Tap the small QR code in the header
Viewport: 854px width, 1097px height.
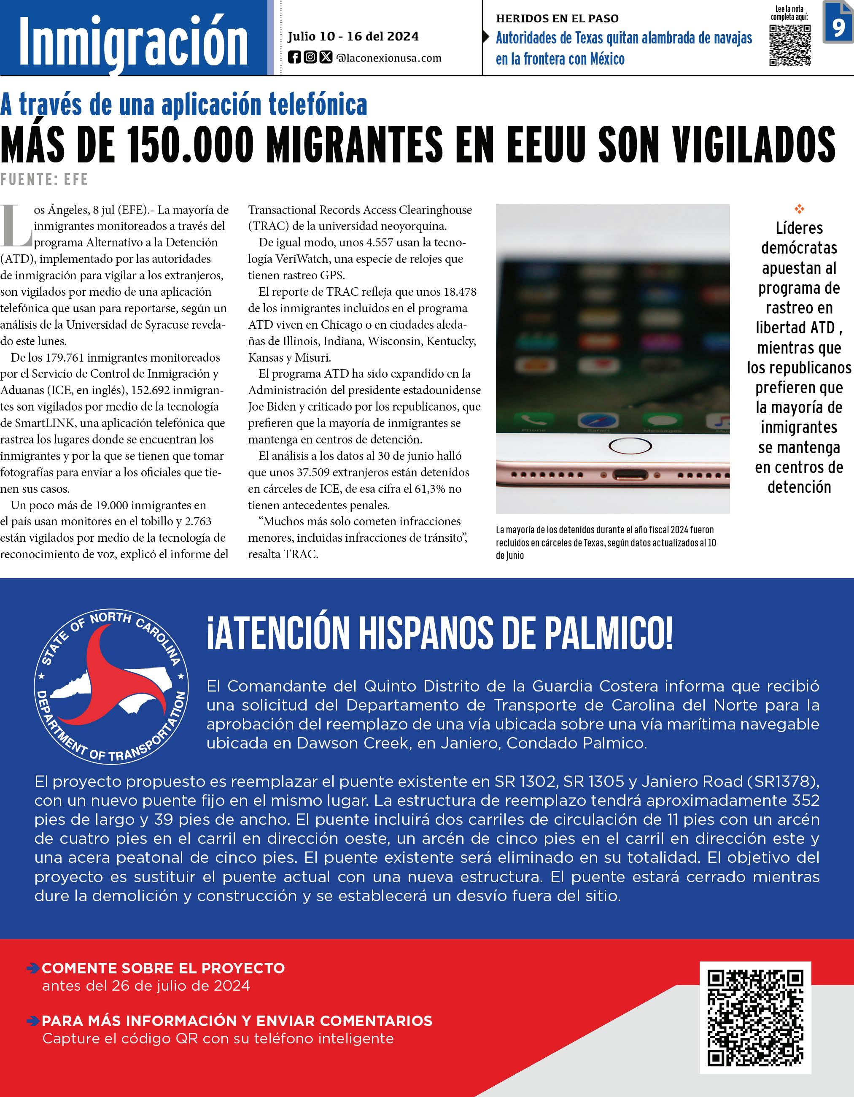(790, 45)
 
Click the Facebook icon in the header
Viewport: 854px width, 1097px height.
(294, 58)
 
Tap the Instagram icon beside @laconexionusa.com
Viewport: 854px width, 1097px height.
(310, 58)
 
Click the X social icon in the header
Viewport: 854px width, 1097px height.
(326, 58)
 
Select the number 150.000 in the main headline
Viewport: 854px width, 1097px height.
(191, 145)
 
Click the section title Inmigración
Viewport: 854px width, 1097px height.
(133, 43)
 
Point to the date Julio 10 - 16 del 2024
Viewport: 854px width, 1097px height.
(353, 36)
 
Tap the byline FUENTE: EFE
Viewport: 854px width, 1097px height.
(44, 179)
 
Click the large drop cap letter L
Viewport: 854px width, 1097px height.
(16, 226)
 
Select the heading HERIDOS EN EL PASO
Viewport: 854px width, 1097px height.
(557, 19)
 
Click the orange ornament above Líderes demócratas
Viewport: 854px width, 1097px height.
(799, 208)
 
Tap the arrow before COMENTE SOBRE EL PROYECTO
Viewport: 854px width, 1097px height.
(33, 968)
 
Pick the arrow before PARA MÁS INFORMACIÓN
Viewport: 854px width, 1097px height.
(33, 1021)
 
